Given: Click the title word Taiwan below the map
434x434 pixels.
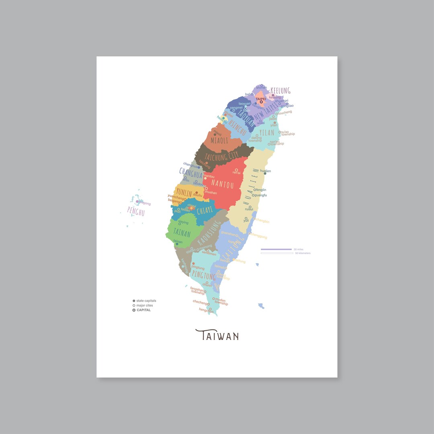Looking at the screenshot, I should point(217,335).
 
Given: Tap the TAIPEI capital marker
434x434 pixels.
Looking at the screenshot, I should point(261,102).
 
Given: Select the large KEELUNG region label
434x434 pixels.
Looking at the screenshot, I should point(280,90).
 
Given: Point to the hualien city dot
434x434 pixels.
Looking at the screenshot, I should point(265,174).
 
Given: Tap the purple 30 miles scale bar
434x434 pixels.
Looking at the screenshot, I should point(276,250).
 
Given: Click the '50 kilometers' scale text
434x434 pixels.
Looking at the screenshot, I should point(303,253).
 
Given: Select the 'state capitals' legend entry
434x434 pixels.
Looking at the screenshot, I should point(146,301).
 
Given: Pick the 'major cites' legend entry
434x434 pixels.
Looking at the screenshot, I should point(144,305).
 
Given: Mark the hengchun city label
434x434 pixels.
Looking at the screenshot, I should point(206,310).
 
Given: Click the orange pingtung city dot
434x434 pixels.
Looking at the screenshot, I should point(193,264).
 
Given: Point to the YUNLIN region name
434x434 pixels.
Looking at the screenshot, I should point(184,193).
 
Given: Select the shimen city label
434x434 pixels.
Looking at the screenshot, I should point(261,88).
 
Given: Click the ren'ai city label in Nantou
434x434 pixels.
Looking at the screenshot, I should point(236,173).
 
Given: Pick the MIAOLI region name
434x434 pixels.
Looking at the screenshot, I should point(219,141).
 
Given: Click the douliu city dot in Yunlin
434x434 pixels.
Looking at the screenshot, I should point(197,192).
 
